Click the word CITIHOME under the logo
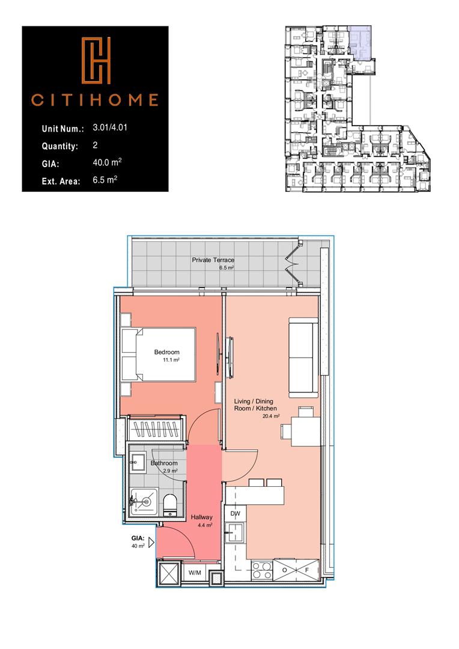coord(95,99)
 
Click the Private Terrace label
coord(213,260)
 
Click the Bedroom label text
coord(166,352)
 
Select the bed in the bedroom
coord(159,355)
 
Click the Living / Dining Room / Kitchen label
coord(255,404)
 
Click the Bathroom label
coord(164,463)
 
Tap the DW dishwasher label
coord(235,514)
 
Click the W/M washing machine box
coord(195,573)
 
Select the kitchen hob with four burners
coord(262,569)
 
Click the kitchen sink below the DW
coord(235,532)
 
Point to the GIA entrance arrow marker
coord(151,542)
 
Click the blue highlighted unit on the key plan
coord(360,43)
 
